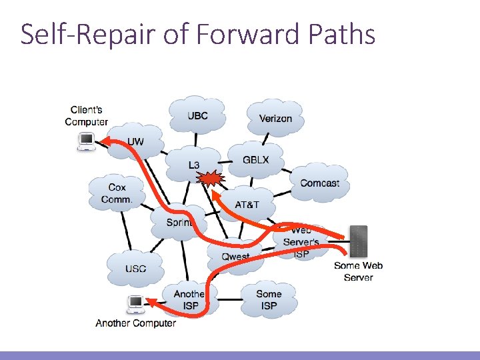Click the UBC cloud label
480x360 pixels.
(x=197, y=115)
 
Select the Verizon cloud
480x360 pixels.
(x=275, y=119)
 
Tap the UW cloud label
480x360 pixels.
(x=135, y=141)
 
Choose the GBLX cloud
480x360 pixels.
(x=255, y=161)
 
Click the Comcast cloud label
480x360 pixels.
(x=319, y=183)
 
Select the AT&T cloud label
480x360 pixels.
(x=247, y=204)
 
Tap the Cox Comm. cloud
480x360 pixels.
(x=117, y=193)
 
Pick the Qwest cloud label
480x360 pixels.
(x=235, y=257)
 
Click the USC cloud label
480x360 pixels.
(x=135, y=269)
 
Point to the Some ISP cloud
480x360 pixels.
(x=269, y=299)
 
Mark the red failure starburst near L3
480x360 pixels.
(x=212, y=179)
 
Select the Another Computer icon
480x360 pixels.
(x=136, y=305)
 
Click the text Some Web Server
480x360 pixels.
(x=358, y=271)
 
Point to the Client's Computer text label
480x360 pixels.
(x=86, y=115)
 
